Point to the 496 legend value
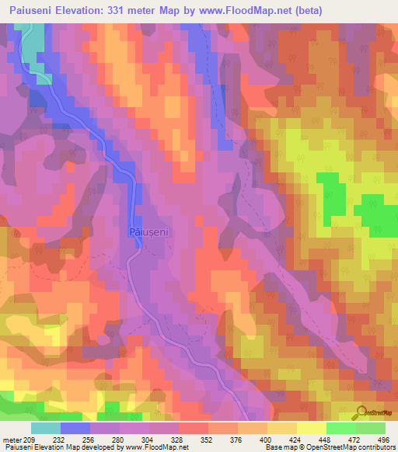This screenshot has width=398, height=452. click(x=382, y=439)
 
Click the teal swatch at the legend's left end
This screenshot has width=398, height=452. click(x=46, y=428)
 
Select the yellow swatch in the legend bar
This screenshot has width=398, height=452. click(x=311, y=428)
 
